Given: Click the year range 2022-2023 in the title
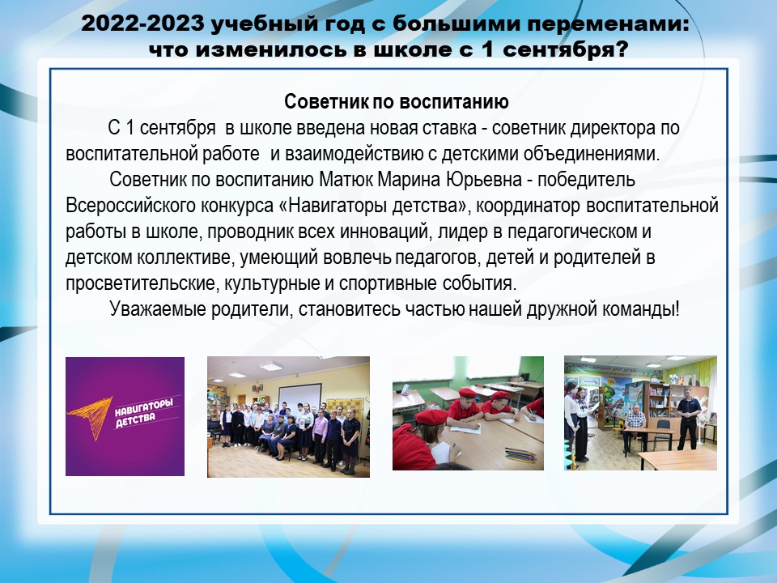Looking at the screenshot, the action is (142, 23).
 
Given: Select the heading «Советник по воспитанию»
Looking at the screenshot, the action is (397, 102).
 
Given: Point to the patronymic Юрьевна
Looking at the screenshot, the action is (484, 180).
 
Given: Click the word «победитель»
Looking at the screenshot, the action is (586, 180).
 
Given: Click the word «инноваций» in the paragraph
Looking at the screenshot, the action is (382, 232).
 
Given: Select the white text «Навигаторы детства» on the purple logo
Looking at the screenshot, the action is (144, 413).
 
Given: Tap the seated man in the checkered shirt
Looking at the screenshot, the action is (635, 428).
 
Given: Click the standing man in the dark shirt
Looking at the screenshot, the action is (688, 419).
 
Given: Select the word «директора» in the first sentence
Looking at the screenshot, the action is (614, 128).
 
